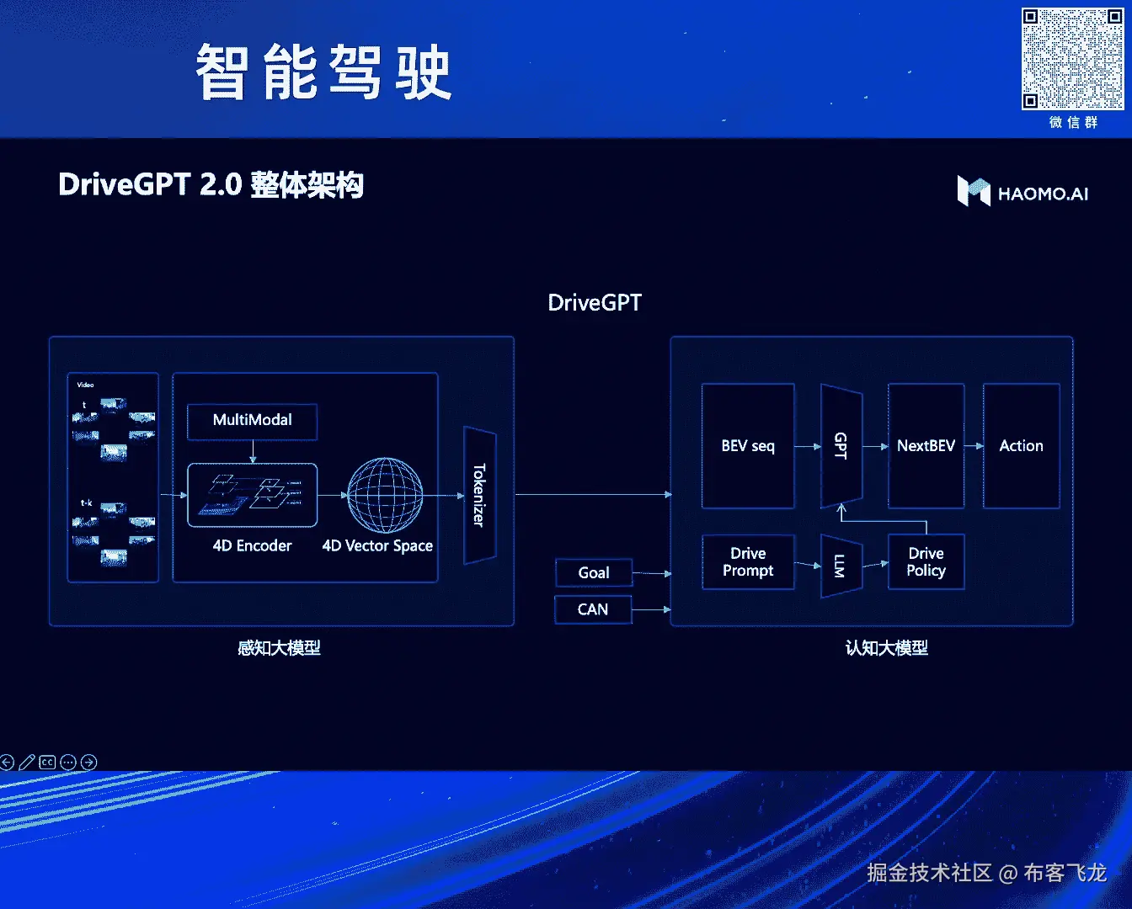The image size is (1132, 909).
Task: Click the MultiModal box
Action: [x=252, y=421]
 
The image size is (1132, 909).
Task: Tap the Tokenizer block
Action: [x=479, y=495]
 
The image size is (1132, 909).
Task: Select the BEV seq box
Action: [x=748, y=446]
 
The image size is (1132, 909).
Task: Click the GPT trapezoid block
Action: [x=841, y=446]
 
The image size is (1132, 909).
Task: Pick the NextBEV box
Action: [x=926, y=446]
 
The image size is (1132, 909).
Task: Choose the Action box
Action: [x=1021, y=446]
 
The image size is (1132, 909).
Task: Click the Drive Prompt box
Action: [x=748, y=562]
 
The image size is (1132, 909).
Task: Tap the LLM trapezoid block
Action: [x=841, y=566]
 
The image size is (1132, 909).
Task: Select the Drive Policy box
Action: [x=926, y=562]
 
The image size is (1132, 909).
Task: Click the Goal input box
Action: [x=594, y=573]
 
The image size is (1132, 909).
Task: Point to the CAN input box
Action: [x=593, y=609]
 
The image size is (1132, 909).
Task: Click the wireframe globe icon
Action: [x=386, y=495]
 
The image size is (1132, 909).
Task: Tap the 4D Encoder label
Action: [x=252, y=546]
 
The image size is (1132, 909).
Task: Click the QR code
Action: [x=1072, y=59]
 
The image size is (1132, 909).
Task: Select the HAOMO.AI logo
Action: [x=1023, y=192]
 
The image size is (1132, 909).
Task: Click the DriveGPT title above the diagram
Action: [x=595, y=303]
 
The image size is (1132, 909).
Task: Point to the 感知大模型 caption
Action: [x=279, y=648]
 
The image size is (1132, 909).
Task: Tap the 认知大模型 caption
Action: [x=886, y=648]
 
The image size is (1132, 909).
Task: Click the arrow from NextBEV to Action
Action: [x=974, y=446]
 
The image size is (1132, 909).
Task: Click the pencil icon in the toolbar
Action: [x=27, y=763]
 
